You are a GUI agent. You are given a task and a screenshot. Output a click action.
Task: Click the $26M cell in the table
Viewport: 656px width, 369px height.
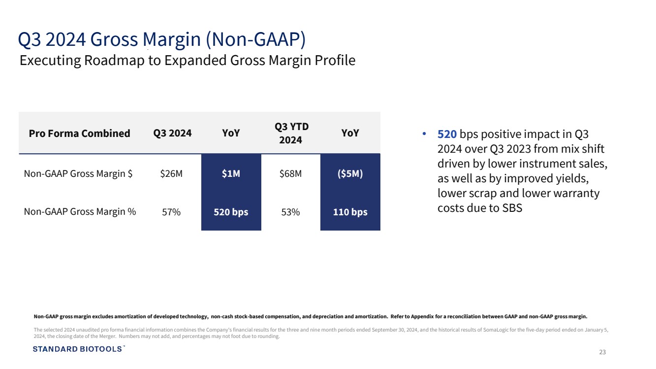coord(171,174)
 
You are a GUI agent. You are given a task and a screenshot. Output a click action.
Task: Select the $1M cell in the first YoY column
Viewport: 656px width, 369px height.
coord(231,174)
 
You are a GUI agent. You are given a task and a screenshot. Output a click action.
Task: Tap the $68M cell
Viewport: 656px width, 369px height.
coord(290,174)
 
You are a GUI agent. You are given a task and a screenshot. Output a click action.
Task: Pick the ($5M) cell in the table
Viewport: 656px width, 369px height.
coord(350,174)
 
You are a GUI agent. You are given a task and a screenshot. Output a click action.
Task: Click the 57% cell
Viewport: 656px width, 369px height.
coord(171,212)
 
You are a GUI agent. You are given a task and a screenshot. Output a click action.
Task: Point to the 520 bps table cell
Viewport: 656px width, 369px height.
coord(231,212)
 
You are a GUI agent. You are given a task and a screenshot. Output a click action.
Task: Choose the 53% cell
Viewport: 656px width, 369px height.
coord(290,212)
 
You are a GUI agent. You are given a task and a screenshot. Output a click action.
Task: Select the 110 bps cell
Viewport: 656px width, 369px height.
coord(350,212)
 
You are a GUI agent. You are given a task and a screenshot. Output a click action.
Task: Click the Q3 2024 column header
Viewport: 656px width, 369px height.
coord(172,134)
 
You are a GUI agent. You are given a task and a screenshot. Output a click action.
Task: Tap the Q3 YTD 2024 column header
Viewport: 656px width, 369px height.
coord(291,134)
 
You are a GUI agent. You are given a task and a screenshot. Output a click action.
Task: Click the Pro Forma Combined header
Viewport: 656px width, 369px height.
coord(79,134)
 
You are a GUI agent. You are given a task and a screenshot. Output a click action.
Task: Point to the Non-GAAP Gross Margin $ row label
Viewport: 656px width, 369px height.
coord(78,174)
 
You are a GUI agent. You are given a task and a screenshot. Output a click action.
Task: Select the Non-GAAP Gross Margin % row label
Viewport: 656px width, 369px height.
coord(80,212)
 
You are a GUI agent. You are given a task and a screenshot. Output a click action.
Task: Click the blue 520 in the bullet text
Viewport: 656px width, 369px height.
coord(447,134)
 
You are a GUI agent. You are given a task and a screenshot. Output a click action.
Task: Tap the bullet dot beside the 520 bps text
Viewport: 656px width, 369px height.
coord(424,134)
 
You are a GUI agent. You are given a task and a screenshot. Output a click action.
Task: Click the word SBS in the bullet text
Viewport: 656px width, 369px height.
coord(512,208)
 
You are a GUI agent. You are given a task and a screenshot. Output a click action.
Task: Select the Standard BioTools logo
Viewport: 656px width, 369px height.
coord(79,349)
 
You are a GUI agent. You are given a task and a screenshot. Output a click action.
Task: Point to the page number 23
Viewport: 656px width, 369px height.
coord(602,352)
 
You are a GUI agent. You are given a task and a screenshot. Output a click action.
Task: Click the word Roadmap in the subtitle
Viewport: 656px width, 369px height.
coord(114,61)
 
